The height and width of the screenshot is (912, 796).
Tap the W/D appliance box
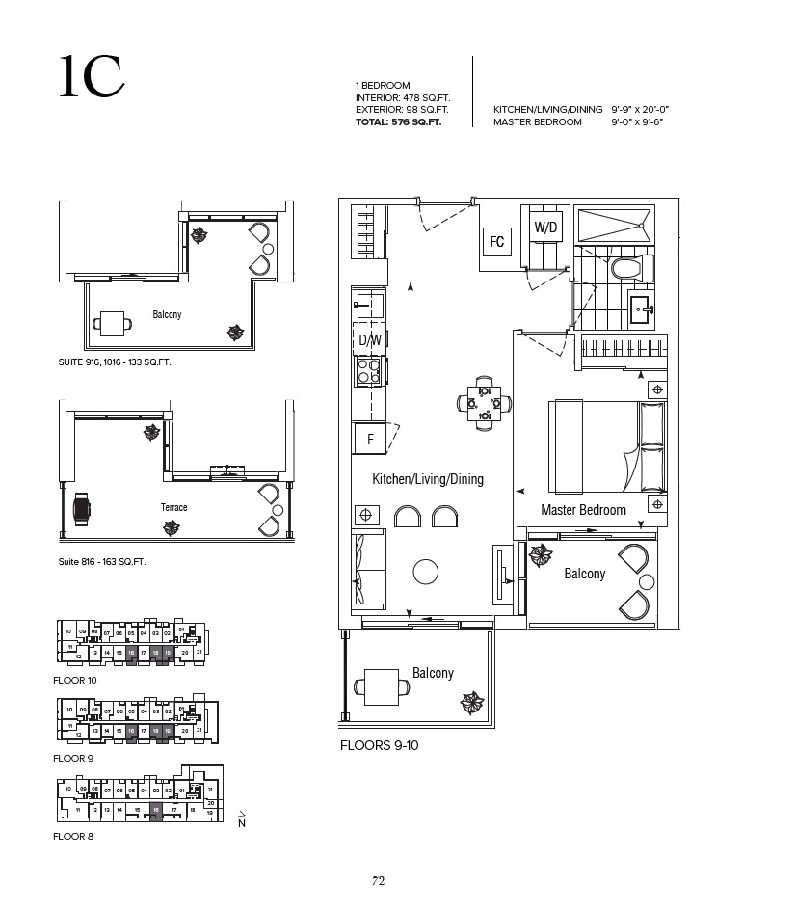pos(545,228)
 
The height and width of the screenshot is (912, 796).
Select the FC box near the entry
pos(497,241)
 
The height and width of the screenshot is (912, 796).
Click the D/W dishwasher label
pos(370,340)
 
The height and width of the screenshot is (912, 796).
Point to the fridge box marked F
pos(369,439)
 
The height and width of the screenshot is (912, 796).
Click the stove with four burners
pos(369,370)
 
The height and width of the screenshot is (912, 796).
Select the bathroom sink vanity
pos(643,309)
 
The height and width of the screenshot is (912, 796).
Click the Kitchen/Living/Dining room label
pos(428,479)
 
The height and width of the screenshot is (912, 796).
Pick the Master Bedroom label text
pos(583,510)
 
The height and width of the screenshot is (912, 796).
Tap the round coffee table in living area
pos(426,573)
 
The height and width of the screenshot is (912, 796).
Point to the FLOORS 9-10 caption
pos(379,746)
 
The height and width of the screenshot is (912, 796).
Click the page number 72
pos(378,879)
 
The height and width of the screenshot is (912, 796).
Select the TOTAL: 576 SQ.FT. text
pos(398,122)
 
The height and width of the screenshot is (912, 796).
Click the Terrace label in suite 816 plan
pos(174,507)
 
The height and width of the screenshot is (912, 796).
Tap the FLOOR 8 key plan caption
pos(73,837)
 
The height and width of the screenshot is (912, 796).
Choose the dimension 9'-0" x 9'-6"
pos(640,122)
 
